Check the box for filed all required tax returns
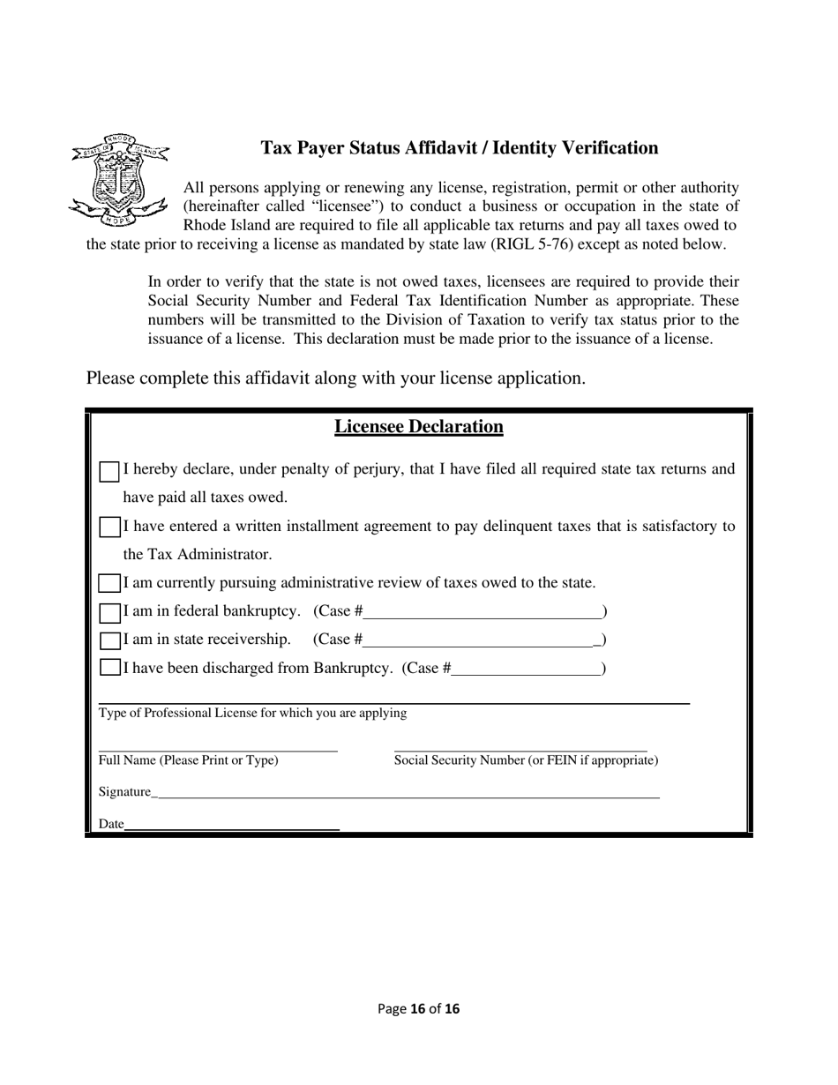pyautogui.click(x=108, y=471)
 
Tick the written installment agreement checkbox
pyautogui.click(x=108, y=528)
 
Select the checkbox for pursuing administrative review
pyautogui.click(x=108, y=583)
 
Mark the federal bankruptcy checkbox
pyautogui.click(x=108, y=612)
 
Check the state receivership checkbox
pyautogui.click(x=108, y=640)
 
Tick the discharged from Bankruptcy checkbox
pyautogui.click(x=108, y=668)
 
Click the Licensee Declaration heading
pyautogui.click(x=418, y=427)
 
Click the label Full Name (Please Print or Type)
pyautogui.click(x=188, y=760)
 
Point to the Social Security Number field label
pyautogui.click(x=526, y=760)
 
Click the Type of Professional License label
pyautogui.click(x=252, y=713)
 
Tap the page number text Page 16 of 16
pyautogui.click(x=418, y=1008)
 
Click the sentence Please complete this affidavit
pyautogui.click(x=335, y=378)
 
